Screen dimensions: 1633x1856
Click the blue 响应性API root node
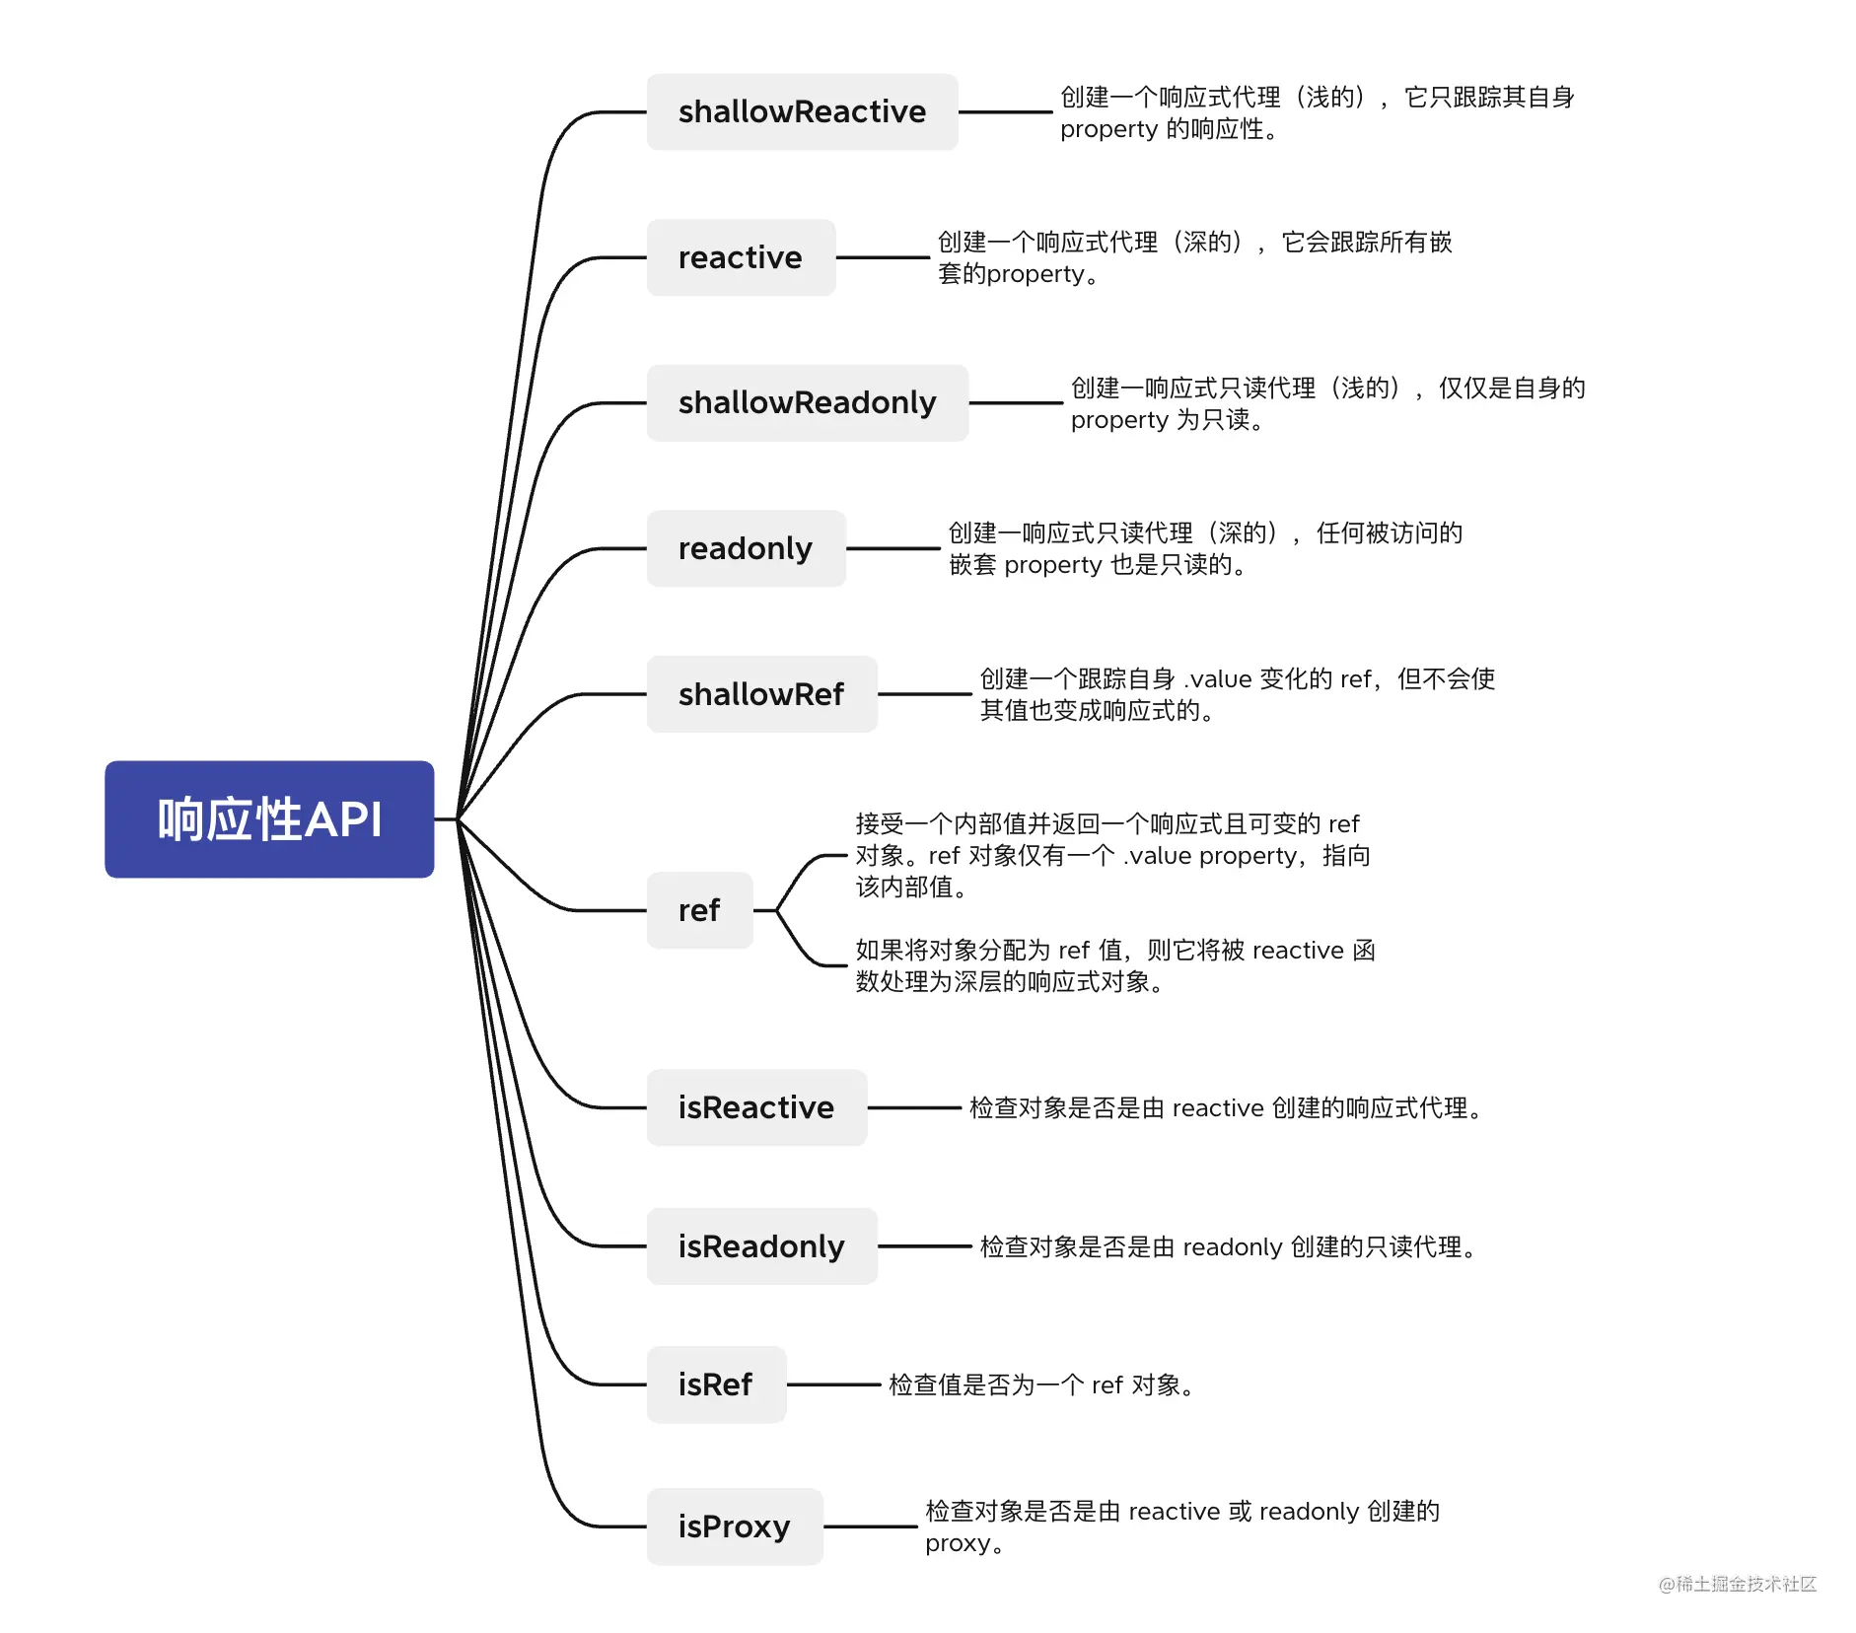click(269, 818)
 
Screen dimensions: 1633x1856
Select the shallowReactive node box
click(802, 111)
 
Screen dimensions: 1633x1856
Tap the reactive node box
click(741, 257)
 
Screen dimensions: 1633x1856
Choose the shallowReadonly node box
click(807, 402)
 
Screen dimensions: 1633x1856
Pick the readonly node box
click(746, 548)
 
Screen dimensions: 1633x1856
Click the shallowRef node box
click(761, 694)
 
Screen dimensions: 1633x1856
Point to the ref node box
click(699, 910)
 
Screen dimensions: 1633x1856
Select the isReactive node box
click(756, 1107)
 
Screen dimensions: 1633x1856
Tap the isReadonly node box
click(761, 1246)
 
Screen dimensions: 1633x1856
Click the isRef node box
click(716, 1384)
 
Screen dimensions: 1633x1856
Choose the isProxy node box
click(735, 1526)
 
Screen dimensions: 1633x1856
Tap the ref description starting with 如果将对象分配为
click(1114, 965)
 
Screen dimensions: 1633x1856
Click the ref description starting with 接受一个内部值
click(1112, 855)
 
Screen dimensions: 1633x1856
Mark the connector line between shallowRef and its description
click(924, 694)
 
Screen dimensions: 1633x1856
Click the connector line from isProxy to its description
click(872, 1526)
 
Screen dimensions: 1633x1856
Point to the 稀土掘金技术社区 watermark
click(1738, 1584)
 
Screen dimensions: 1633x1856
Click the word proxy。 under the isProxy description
click(964, 1543)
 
